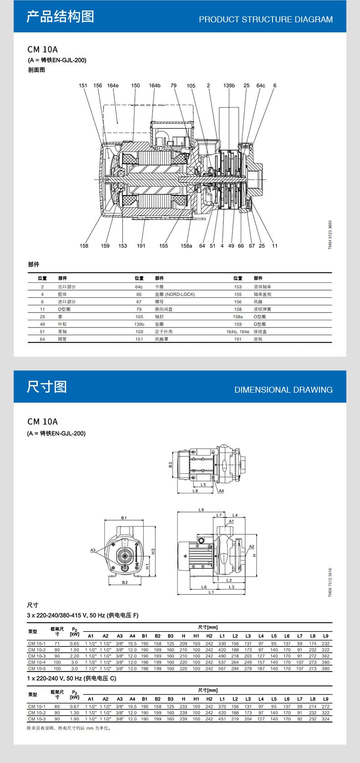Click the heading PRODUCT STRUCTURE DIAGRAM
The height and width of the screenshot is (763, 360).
(x=266, y=20)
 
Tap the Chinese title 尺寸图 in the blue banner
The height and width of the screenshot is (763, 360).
(x=46, y=387)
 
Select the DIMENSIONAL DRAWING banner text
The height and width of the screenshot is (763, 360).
(x=283, y=390)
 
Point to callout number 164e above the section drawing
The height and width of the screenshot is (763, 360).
(x=113, y=86)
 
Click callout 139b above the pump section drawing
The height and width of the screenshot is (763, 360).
(x=229, y=86)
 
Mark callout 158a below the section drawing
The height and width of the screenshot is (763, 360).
(x=186, y=246)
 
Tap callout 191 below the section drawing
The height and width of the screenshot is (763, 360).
(x=141, y=246)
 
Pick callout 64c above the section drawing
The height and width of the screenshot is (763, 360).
(x=261, y=86)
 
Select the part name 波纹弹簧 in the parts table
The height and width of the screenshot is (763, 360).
(x=262, y=309)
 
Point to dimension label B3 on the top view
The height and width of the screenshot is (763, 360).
(x=170, y=465)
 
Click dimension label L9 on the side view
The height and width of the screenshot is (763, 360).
(x=201, y=510)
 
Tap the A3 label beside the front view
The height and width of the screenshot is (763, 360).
(x=93, y=550)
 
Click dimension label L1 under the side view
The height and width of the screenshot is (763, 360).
(x=211, y=592)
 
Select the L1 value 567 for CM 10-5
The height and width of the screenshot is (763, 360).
(x=222, y=669)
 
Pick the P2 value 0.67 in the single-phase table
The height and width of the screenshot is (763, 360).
(x=74, y=707)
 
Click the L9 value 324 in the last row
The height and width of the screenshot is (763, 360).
(x=325, y=719)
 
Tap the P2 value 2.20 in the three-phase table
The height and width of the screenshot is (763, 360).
(x=74, y=656)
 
